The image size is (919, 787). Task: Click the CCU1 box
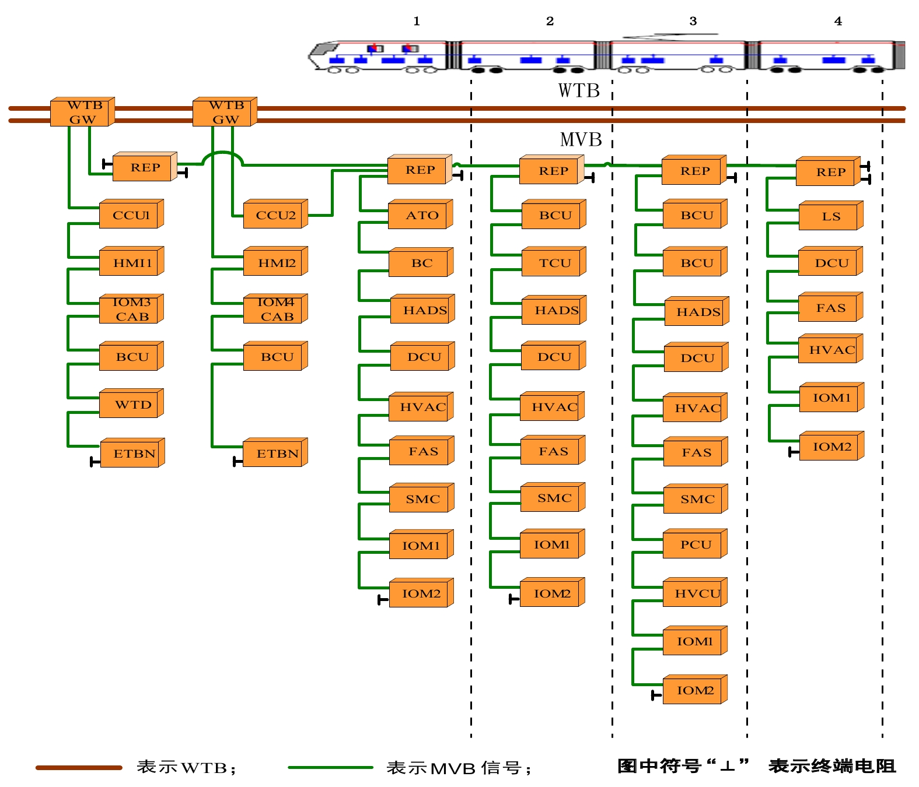(x=131, y=215)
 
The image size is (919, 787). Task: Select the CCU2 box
(x=275, y=215)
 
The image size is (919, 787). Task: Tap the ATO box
(x=421, y=215)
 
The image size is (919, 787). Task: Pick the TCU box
(x=554, y=263)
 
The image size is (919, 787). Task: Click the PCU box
(x=695, y=544)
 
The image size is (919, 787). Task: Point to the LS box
(x=831, y=216)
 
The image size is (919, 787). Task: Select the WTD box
(x=132, y=405)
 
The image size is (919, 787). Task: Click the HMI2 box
(x=275, y=263)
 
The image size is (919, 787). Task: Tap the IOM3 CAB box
(x=132, y=310)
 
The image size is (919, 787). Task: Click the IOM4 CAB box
(x=275, y=310)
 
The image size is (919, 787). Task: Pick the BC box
(x=421, y=263)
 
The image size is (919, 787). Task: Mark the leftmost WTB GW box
(x=82, y=112)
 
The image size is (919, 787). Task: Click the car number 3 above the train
(x=693, y=22)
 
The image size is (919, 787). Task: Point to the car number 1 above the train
(x=417, y=22)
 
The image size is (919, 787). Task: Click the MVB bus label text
(x=581, y=140)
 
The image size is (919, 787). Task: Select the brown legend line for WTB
(x=79, y=768)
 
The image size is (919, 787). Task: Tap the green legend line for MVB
(x=330, y=768)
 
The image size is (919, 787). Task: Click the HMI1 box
(x=132, y=263)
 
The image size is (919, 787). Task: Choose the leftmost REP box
(x=145, y=168)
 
